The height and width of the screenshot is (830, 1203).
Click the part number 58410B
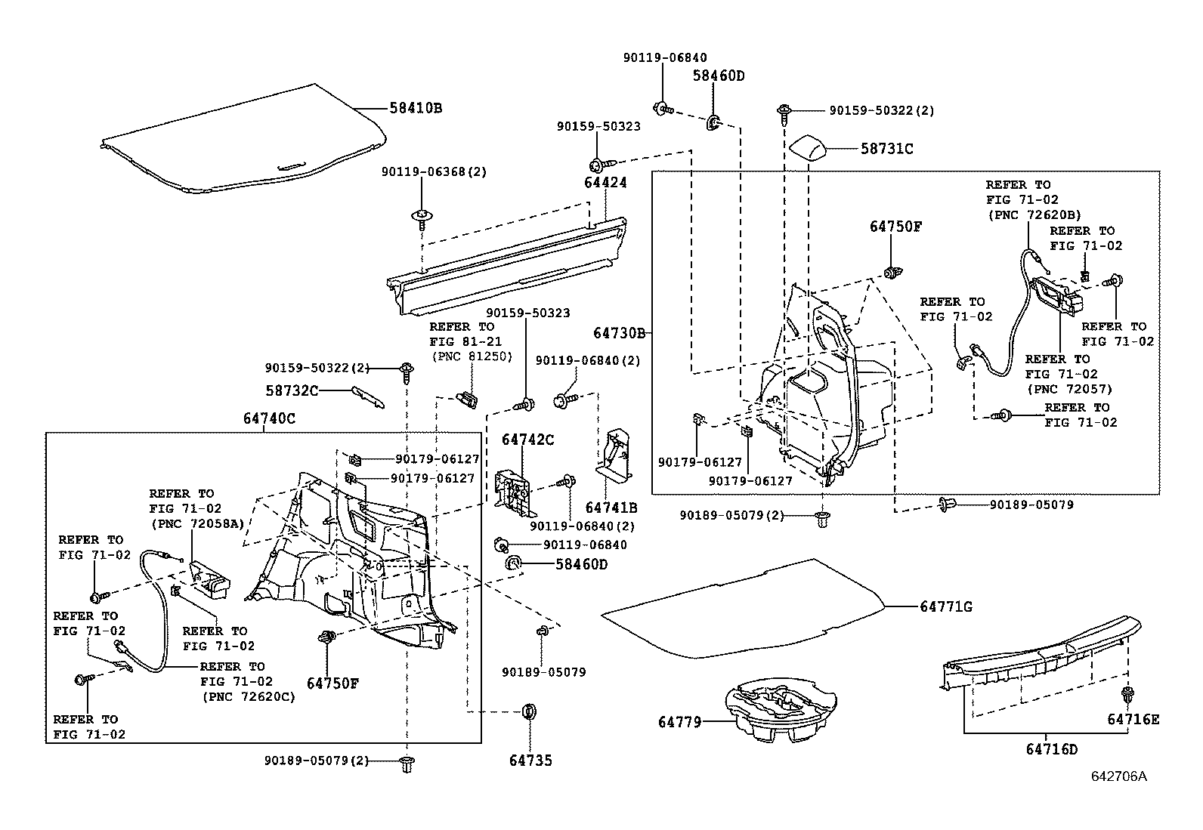point(415,108)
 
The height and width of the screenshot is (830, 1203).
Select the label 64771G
point(945,606)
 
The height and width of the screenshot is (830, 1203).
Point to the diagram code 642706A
point(1118,776)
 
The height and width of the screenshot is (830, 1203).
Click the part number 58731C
point(886,150)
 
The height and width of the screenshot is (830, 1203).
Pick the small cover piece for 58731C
point(809,147)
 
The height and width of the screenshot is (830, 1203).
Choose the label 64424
point(605,183)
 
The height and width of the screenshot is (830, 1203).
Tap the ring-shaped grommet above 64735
point(530,711)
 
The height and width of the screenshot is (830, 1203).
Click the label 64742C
point(528,440)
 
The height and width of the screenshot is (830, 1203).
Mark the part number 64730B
point(618,333)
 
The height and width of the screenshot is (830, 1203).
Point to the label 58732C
point(292,390)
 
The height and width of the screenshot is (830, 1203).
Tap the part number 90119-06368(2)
point(434,172)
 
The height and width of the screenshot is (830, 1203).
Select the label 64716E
point(1133,719)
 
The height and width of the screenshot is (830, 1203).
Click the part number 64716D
point(1051,749)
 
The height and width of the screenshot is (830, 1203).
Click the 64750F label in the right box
point(895,227)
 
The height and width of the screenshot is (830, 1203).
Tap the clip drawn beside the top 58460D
point(713,122)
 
